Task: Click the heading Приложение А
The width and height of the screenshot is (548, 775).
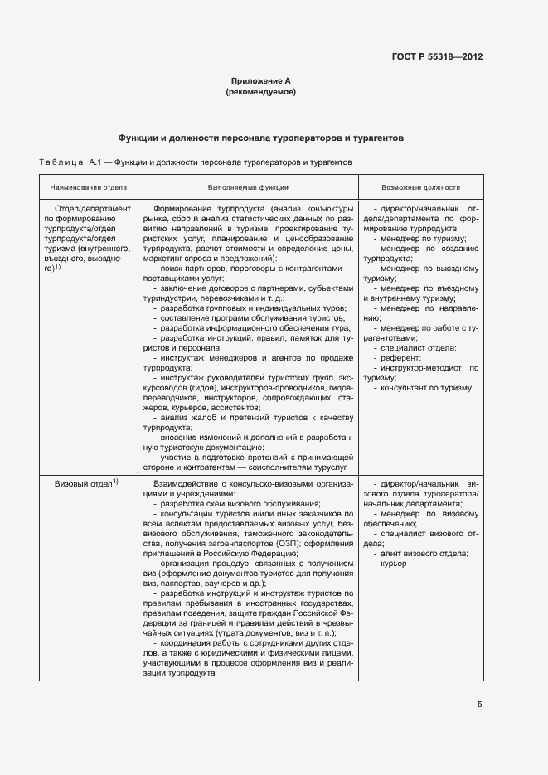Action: pyautogui.click(x=261, y=81)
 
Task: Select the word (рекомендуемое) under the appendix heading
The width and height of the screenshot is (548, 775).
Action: pyautogui.click(x=261, y=92)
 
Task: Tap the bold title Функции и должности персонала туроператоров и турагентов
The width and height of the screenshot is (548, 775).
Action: pyautogui.click(x=261, y=138)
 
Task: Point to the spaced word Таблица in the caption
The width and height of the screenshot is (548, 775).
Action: pyautogui.click(x=56, y=162)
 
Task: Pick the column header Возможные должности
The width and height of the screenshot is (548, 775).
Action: pyautogui.click(x=421, y=188)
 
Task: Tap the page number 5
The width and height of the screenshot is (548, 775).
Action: pyautogui.click(x=479, y=705)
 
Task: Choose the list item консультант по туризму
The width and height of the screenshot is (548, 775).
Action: pyautogui.click(x=426, y=387)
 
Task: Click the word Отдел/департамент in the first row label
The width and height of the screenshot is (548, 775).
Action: pyautogui.click(x=92, y=209)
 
